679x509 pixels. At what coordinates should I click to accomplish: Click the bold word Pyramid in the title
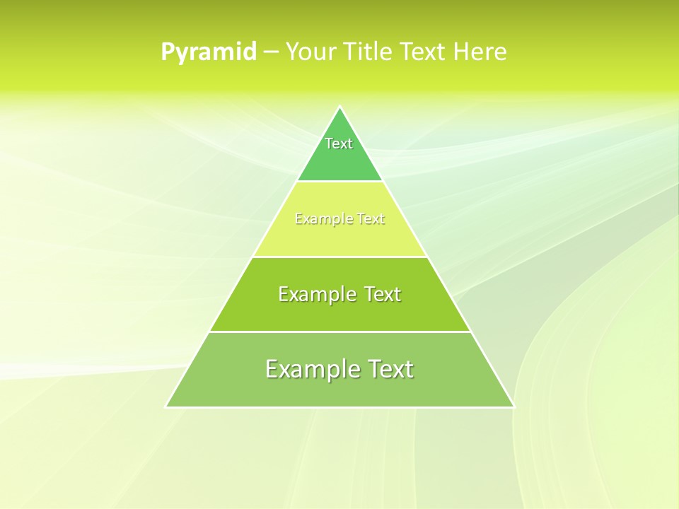pyautogui.click(x=209, y=52)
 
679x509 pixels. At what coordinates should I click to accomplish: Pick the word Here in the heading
pyautogui.click(x=480, y=52)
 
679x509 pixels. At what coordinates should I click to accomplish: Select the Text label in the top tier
pyautogui.click(x=339, y=144)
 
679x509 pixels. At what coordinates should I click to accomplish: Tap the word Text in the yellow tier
pyautogui.click(x=371, y=219)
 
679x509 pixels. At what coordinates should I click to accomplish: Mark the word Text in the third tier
pyautogui.click(x=383, y=294)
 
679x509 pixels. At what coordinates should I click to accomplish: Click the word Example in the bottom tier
pyautogui.click(x=309, y=369)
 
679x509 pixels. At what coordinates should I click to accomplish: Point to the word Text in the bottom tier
pyautogui.click(x=388, y=369)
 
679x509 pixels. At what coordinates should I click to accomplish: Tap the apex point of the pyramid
pyautogui.click(x=340, y=107)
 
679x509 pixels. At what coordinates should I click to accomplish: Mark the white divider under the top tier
pyautogui.click(x=339, y=182)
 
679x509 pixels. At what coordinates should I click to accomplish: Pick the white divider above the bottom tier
pyautogui.click(x=339, y=332)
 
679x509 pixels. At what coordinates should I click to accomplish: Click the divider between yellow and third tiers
pyautogui.click(x=339, y=257)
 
